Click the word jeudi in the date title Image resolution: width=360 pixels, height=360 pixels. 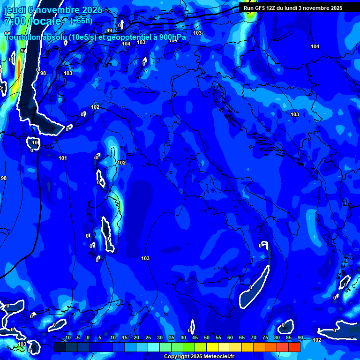point(15,10)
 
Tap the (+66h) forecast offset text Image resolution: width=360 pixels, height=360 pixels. point(81,21)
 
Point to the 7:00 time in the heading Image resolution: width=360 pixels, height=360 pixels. point(15,21)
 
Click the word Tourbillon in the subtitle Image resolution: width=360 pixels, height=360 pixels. point(23,37)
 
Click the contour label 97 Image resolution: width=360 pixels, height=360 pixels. point(23,51)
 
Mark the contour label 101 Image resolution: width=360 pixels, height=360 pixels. point(63,158)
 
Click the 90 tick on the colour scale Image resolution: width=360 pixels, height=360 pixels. point(300,338)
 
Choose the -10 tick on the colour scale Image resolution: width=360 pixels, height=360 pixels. point(67,338)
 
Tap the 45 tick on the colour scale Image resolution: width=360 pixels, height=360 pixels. point(195,338)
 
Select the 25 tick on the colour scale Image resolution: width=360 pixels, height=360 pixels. point(148,338)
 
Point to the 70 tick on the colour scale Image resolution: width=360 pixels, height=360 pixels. point(253,338)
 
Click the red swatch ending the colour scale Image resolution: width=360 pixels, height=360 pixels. point(294,347)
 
